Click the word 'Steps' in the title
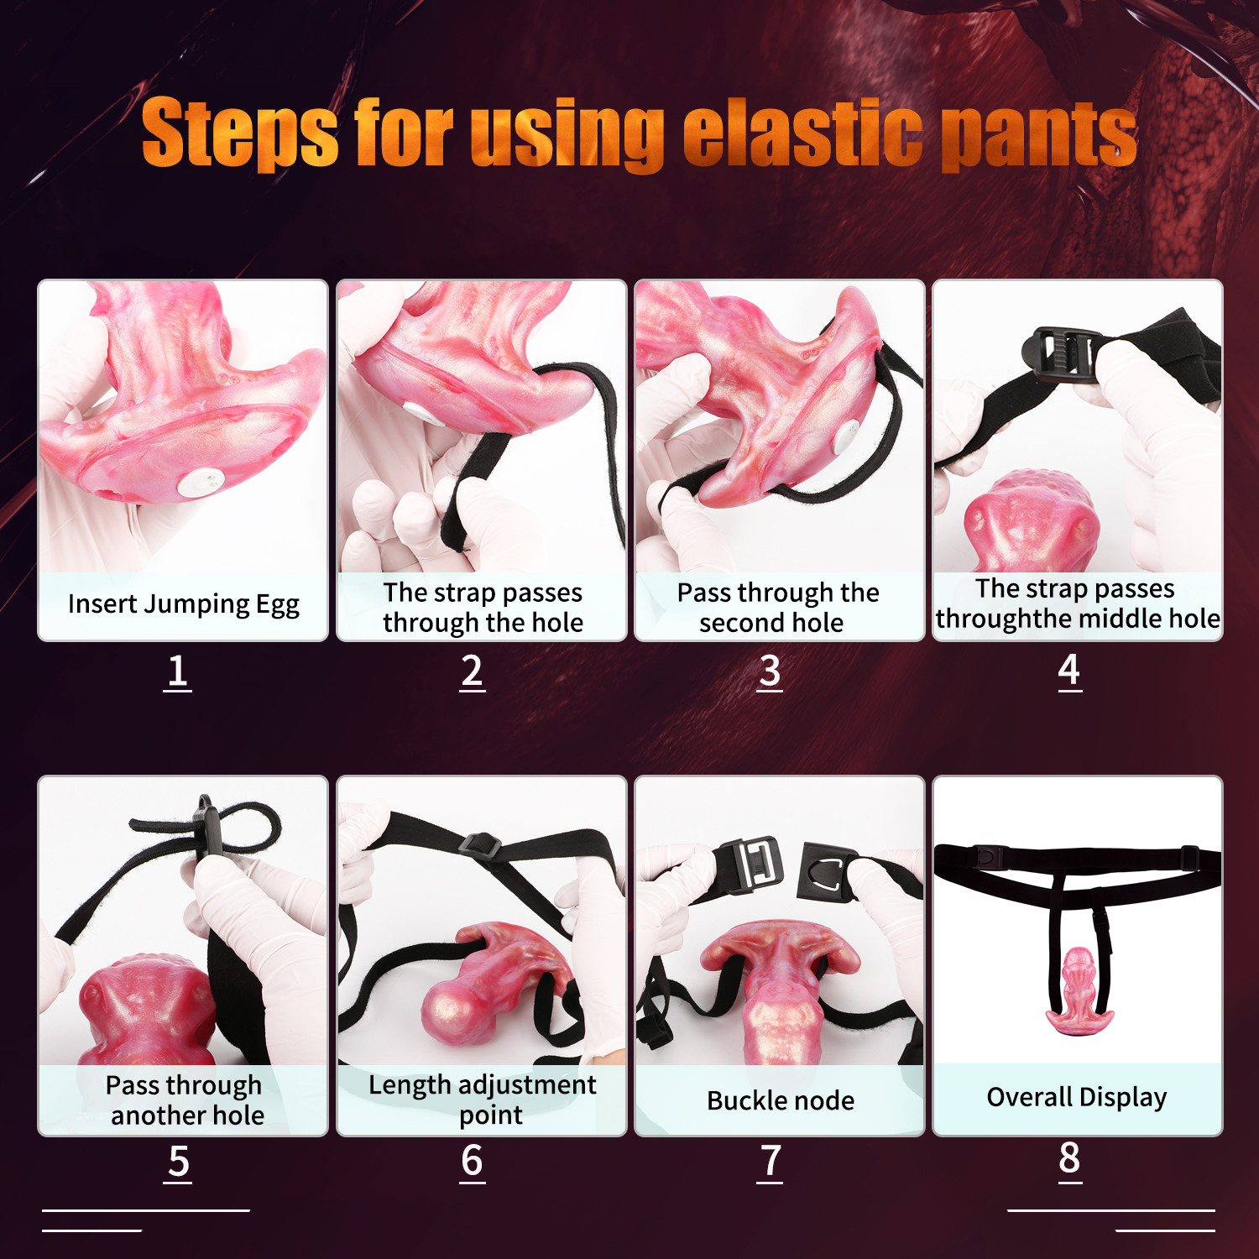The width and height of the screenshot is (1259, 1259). (x=240, y=132)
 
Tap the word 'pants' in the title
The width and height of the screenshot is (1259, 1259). (x=1039, y=134)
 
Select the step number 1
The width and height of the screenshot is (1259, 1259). (x=177, y=672)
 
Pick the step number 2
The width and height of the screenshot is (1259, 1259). (x=473, y=672)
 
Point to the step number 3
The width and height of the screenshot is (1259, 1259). (x=770, y=672)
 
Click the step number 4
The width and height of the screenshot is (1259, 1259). (x=1069, y=671)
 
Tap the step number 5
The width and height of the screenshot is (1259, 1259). (x=179, y=1162)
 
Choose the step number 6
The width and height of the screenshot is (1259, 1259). (x=473, y=1162)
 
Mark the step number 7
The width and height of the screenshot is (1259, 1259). (x=770, y=1162)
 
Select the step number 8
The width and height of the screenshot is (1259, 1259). (x=1069, y=1161)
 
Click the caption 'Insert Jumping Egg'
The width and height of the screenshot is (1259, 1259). (x=184, y=604)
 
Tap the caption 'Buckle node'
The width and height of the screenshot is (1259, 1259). (x=781, y=1100)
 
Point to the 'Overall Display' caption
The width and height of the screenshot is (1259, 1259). (x=1077, y=1098)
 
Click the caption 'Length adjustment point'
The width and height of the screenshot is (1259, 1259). (x=483, y=1100)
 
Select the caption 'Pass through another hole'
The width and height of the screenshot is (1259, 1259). (x=185, y=1100)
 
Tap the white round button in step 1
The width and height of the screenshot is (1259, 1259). (x=201, y=483)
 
